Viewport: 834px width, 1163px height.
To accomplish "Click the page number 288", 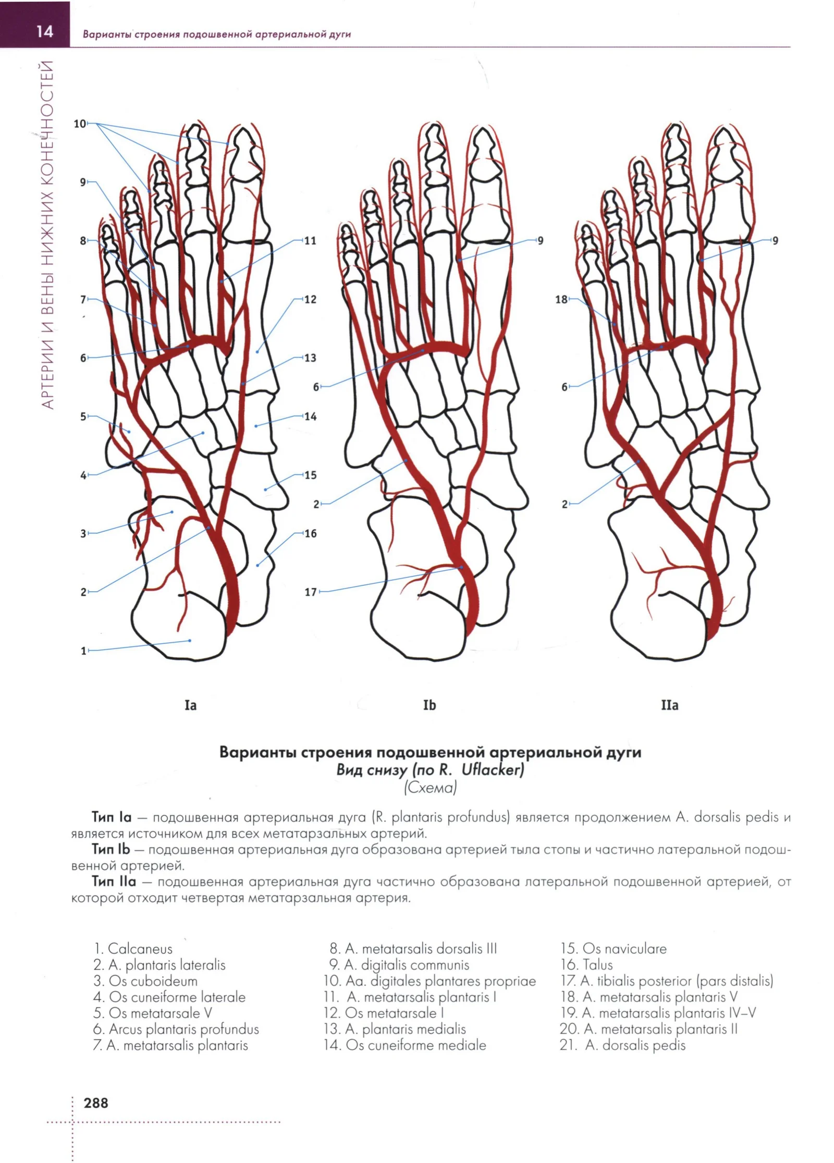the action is coord(96,1103).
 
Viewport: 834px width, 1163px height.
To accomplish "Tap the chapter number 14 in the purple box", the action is coord(45,32).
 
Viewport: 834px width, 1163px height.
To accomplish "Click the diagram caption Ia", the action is coord(191,705).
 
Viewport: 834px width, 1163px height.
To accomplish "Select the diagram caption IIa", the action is coord(670,705).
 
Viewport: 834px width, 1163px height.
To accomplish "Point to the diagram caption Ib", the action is coord(430,705).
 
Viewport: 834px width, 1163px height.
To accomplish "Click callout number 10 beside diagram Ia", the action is coord(80,124).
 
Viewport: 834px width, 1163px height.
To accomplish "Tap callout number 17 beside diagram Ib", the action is coord(311,592).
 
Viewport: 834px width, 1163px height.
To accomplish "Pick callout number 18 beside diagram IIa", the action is coord(561,300).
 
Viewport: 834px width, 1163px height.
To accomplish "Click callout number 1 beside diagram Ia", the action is coord(83,651).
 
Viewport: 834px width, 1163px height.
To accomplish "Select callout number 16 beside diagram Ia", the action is coord(311,534).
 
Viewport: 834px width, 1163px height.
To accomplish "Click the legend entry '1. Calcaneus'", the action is coord(133,949).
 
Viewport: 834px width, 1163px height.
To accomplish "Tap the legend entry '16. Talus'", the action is coord(586,965).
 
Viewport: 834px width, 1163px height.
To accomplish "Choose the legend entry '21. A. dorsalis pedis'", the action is coord(622,1045).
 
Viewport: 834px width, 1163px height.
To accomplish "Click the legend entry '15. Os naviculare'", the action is coord(614,949).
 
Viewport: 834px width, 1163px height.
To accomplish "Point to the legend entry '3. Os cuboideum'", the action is coord(145,981).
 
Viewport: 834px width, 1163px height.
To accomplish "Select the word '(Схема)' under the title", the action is coord(431,788).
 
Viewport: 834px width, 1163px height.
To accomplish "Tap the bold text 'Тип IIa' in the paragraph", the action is coord(114,882).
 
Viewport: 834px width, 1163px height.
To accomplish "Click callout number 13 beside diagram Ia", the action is coord(311,358).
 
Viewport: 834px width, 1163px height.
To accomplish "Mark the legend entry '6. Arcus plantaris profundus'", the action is coord(176,1030).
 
